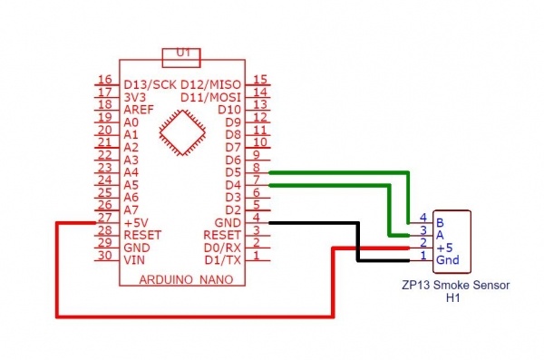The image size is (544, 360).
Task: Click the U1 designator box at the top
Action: tap(183, 55)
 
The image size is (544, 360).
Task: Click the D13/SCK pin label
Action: tap(150, 84)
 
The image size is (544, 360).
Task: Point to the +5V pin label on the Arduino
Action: tap(137, 222)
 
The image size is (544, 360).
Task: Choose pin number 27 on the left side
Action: tap(104, 218)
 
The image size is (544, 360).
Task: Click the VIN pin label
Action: tap(133, 259)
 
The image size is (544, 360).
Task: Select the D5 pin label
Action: tap(232, 171)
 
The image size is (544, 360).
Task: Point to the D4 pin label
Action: tap(232, 184)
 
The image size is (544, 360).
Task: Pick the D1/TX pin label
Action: tap(223, 259)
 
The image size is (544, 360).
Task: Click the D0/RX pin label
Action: tap(223, 247)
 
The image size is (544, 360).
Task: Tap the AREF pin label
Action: tap(138, 109)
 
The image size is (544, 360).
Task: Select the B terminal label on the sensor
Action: tap(440, 221)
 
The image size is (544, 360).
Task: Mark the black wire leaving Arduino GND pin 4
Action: tap(308, 222)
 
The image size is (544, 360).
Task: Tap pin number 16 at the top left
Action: tap(104, 80)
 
